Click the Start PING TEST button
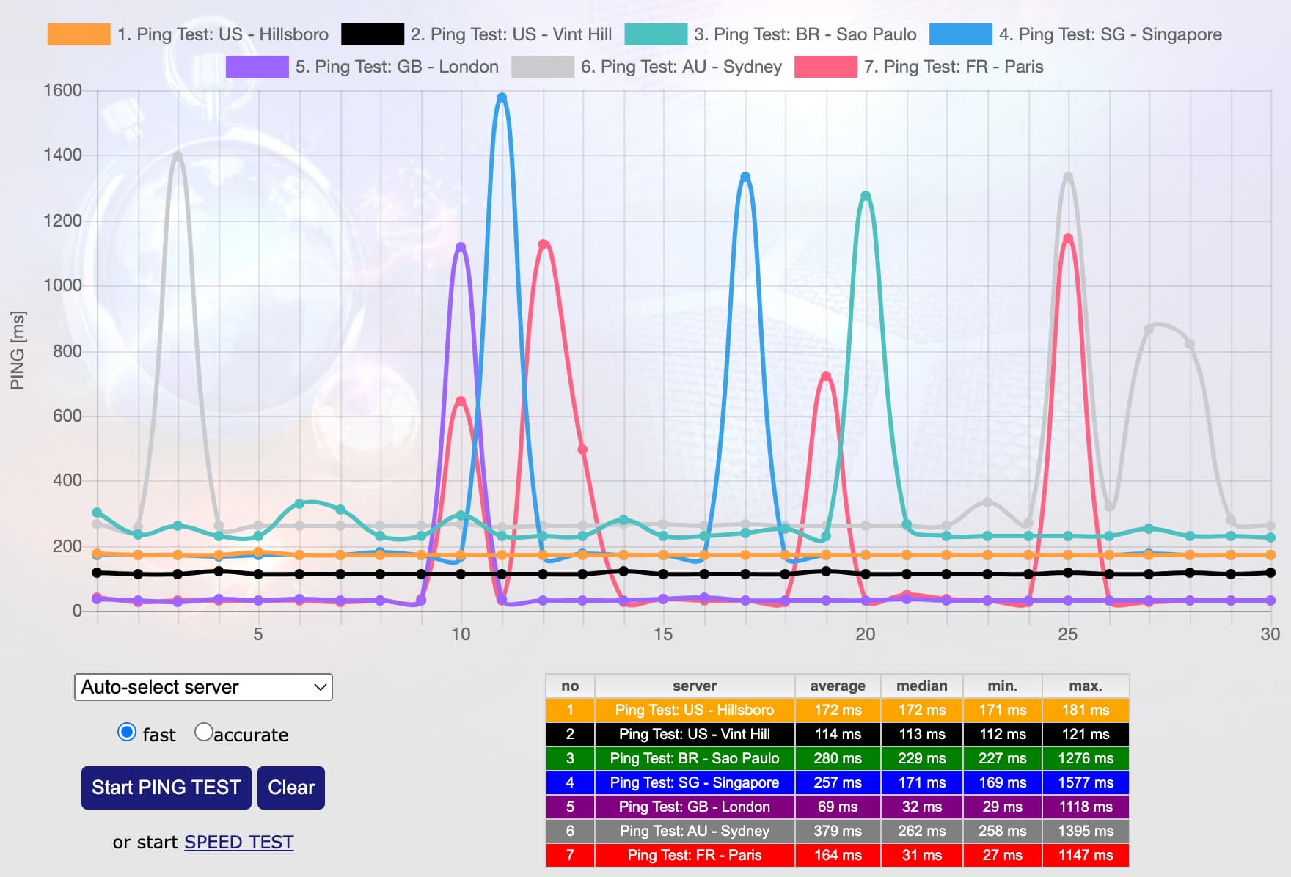click(x=166, y=788)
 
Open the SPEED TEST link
click(x=238, y=842)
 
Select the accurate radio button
click(x=203, y=733)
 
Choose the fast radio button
click(x=127, y=733)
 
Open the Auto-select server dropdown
click(x=203, y=687)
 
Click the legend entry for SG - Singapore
click(x=1075, y=34)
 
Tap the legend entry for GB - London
click(x=362, y=67)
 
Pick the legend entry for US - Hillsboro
click(x=188, y=34)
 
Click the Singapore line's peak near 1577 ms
click(x=502, y=98)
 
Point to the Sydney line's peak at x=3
click(x=178, y=156)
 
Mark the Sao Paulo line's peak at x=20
click(x=866, y=196)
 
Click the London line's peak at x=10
click(x=461, y=247)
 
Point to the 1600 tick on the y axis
click(x=63, y=90)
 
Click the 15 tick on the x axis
click(x=663, y=634)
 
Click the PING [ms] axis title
click(x=18, y=351)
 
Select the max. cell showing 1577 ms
click(x=1085, y=782)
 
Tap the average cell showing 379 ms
click(x=837, y=831)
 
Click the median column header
click(x=921, y=686)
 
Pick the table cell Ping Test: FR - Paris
click(x=694, y=855)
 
